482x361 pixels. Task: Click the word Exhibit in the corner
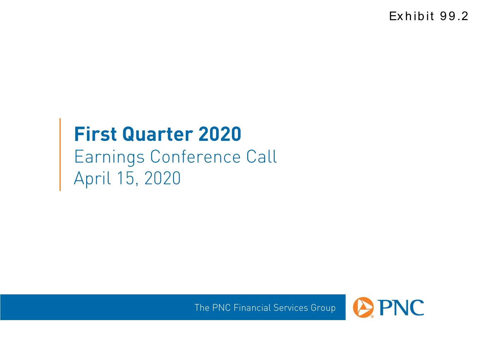click(x=411, y=16)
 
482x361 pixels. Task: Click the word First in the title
click(x=95, y=134)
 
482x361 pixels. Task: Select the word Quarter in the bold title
click(x=158, y=134)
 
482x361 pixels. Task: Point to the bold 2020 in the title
click(x=220, y=134)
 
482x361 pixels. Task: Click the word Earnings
click(x=109, y=157)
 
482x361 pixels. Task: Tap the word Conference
click(x=195, y=157)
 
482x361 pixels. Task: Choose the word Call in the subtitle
click(x=261, y=157)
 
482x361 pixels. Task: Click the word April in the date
click(x=92, y=178)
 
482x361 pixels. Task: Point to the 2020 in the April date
click(x=162, y=178)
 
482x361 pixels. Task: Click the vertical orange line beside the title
click(x=60, y=154)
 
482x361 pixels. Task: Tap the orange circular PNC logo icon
click(x=363, y=307)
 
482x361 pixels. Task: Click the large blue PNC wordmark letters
click(x=401, y=307)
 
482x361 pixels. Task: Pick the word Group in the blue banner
click(x=323, y=308)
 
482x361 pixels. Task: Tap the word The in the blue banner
click(x=202, y=307)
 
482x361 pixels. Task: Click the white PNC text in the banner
click(x=221, y=307)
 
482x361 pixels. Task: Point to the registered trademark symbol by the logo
click(x=372, y=316)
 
